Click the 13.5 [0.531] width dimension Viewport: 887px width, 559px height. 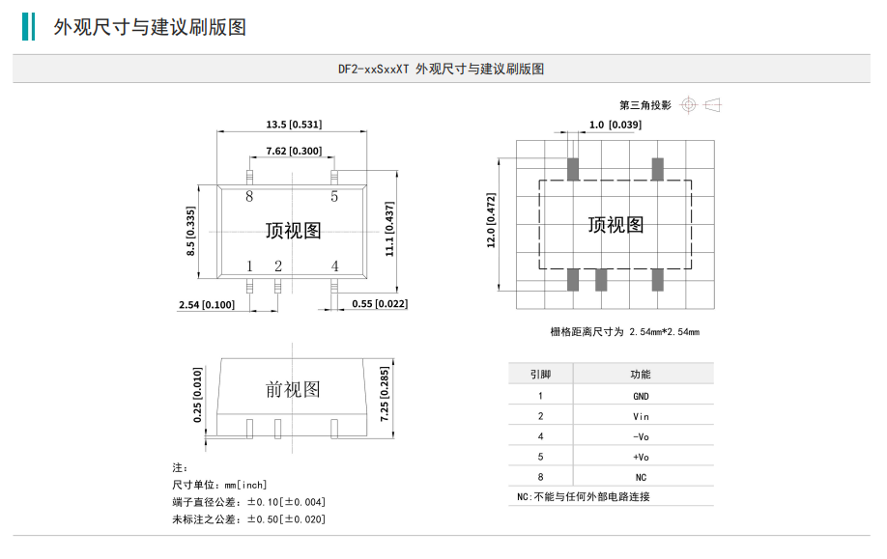coord(294,125)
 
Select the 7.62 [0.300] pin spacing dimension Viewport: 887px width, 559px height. coord(294,152)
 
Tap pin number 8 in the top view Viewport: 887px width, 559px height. coord(249,197)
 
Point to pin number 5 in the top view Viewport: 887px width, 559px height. coord(334,197)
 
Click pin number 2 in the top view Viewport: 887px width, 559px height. coord(277,266)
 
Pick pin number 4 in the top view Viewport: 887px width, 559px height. coord(334,266)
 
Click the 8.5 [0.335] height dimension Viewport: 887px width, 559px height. coord(191,231)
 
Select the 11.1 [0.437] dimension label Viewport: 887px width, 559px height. coord(389,229)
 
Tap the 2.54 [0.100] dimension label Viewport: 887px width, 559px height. coord(206,305)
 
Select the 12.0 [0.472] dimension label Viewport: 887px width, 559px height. coord(491,221)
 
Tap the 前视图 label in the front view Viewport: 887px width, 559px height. coord(293,390)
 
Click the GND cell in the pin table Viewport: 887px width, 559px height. coord(641,396)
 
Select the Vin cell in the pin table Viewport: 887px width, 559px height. coord(641,416)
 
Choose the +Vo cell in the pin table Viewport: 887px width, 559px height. coord(641,457)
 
